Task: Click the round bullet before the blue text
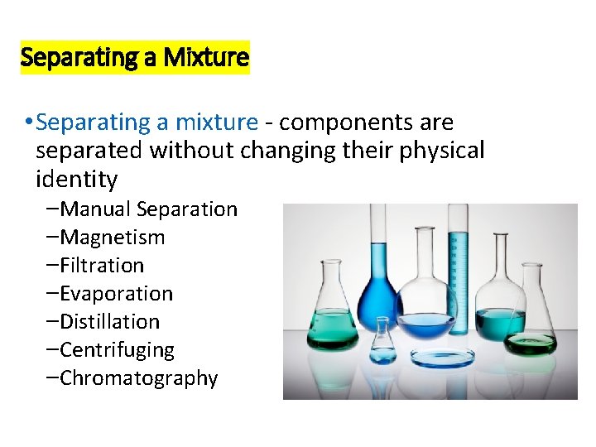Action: pos(29,123)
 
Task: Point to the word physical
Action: pos(435,151)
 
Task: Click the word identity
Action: pos(77,179)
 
